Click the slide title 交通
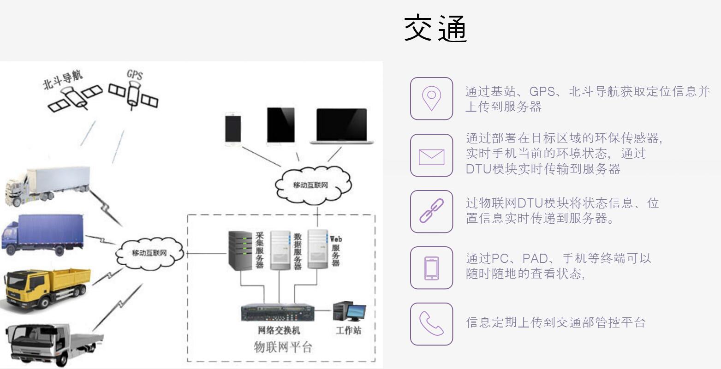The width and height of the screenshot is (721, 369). click(436, 29)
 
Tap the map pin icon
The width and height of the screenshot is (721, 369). click(431, 99)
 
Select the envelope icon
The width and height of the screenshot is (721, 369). click(431, 155)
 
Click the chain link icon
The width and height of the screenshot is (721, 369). click(431, 212)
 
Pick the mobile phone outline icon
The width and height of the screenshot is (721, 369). click(431, 268)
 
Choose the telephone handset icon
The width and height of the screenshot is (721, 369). click(431, 324)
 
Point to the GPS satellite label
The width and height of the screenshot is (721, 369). click(135, 74)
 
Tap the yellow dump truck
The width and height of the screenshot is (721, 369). click(46, 288)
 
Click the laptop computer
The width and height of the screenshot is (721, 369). click(342, 126)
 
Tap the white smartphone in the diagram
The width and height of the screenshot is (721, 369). click(232, 129)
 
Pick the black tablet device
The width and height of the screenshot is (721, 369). click(280, 126)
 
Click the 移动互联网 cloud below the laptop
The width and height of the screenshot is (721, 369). click(311, 184)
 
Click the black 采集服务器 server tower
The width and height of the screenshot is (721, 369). click(240, 250)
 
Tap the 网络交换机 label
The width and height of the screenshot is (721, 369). click(279, 330)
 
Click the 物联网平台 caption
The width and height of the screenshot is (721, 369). click(283, 347)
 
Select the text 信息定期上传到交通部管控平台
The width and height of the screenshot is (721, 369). click(555, 322)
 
